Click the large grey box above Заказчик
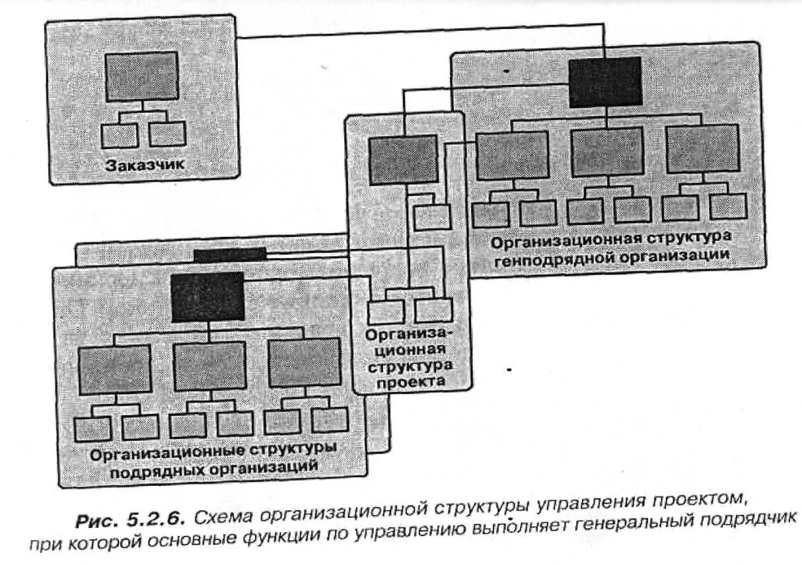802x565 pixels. [x=142, y=75]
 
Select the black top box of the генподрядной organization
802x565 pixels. [x=605, y=82]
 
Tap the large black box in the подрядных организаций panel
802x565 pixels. [x=207, y=297]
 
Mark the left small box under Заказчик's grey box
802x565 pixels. [x=120, y=135]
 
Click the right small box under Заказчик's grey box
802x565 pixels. [x=166, y=133]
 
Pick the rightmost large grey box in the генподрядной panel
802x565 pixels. [x=702, y=149]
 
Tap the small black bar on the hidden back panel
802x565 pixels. [x=230, y=254]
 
